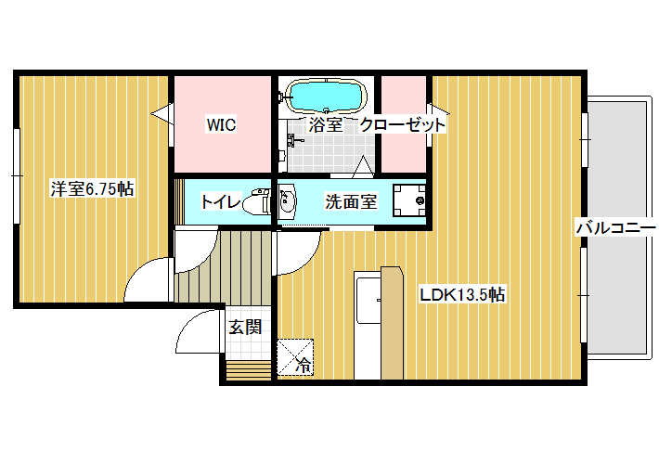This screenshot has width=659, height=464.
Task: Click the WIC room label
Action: tap(221, 125)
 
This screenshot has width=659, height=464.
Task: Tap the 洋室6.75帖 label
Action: tap(92, 188)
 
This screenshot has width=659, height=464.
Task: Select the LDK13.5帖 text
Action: tap(462, 294)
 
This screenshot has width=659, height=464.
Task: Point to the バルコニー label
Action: tap(615, 228)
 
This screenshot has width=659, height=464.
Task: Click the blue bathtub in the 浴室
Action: tap(325, 97)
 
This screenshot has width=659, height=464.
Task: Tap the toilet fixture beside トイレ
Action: tap(258, 201)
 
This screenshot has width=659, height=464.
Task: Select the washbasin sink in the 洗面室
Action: tap(288, 200)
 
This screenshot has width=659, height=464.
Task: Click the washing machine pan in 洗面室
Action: tap(409, 200)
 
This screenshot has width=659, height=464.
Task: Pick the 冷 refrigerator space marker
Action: tap(295, 357)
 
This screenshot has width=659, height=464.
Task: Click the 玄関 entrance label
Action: tap(245, 327)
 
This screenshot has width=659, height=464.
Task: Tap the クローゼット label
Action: tap(402, 125)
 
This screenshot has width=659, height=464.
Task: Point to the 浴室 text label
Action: tap(325, 125)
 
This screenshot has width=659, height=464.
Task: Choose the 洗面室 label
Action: tap(351, 201)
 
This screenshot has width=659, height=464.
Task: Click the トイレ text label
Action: tap(221, 201)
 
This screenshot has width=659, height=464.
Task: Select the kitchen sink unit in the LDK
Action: tap(368, 325)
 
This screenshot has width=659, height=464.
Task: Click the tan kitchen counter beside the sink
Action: tap(392, 323)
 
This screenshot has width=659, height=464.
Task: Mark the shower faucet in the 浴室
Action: tap(294, 139)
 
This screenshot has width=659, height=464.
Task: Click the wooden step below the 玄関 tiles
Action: tap(249, 370)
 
